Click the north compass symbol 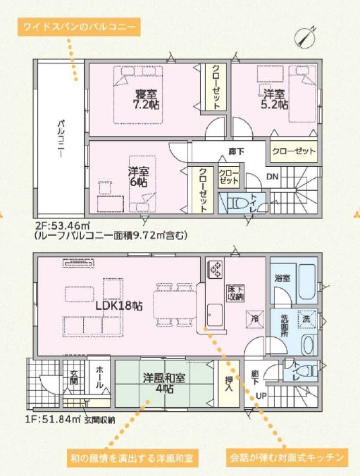pyautogui.click(x=305, y=37)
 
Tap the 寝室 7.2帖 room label pyautogui.click(x=146, y=99)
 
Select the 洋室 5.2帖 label pyautogui.click(x=275, y=99)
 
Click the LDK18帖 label pyautogui.click(x=119, y=306)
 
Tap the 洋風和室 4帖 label pyautogui.click(x=164, y=383)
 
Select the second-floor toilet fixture pyautogui.click(x=236, y=203)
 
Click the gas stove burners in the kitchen pyautogui.click(x=216, y=269)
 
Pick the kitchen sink pyautogui.click(x=215, y=315)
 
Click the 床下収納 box pyautogui.click(x=235, y=293)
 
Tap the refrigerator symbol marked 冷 pyautogui.click(x=254, y=319)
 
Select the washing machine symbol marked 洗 pyautogui.click(x=306, y=319)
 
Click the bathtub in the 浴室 pyautogui.click(x=306, y=282)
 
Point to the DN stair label pyautogui.click(x=273, y=176)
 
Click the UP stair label pyautogui.click(x=261, y=396)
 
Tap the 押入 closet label pyautogui.click(x=229, y=384)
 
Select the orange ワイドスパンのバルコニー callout pyautogui.click(x=79, y=27)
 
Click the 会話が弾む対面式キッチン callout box pyautogui.click(x=287, y=457)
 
